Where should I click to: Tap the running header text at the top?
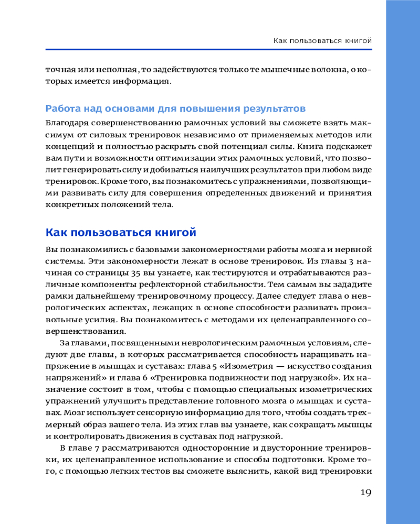[x=323, y=40]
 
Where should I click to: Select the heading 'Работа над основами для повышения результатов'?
[x=175, y=109]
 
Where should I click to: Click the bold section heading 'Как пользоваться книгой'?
[x=121, y=232]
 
